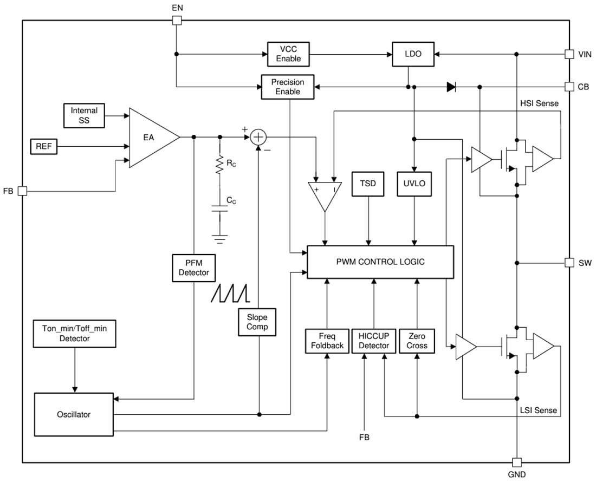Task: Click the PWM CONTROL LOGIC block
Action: [380, 262]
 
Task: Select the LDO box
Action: [413, 54]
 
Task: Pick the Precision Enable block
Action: [288, 87]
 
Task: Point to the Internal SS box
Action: [84, 115]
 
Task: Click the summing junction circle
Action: [259, 138]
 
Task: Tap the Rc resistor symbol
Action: [220, 165]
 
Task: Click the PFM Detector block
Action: [193, 268]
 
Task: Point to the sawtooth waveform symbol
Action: [230, 293]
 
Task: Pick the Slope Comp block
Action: [257, 322]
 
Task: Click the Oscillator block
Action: [74, 414]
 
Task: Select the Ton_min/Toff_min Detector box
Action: [74, 333]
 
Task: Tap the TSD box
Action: [368, 184]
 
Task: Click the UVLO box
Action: [414, 184]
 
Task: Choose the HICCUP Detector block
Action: [374, 341]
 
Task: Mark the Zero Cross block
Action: [417, 341]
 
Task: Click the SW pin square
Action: [569, 263]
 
